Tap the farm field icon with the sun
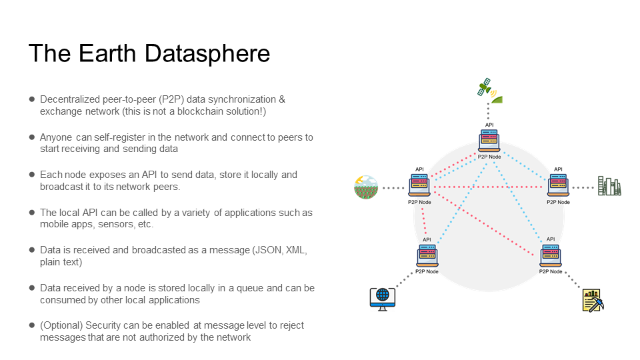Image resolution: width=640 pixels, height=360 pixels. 365,187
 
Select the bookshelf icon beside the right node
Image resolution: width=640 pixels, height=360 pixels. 609,187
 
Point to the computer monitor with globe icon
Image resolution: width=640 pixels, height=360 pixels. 382,297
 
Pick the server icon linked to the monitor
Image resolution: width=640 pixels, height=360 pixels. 427,255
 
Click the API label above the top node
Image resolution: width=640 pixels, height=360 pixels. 489,125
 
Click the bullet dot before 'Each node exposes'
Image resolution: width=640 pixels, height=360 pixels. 31,174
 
